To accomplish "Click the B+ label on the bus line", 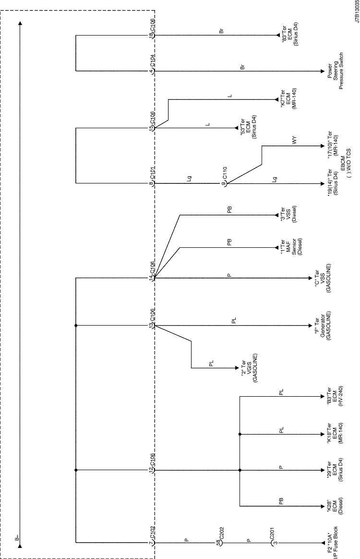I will click(x=17, y=539).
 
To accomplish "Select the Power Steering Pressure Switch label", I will click(x=335, y=71).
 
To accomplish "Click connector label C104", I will click(x=152, y=63).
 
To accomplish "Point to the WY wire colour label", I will click(x=294, y=141).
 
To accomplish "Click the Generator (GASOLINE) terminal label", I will click(x=323, y=326).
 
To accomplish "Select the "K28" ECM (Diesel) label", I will click(x=333, y=506).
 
